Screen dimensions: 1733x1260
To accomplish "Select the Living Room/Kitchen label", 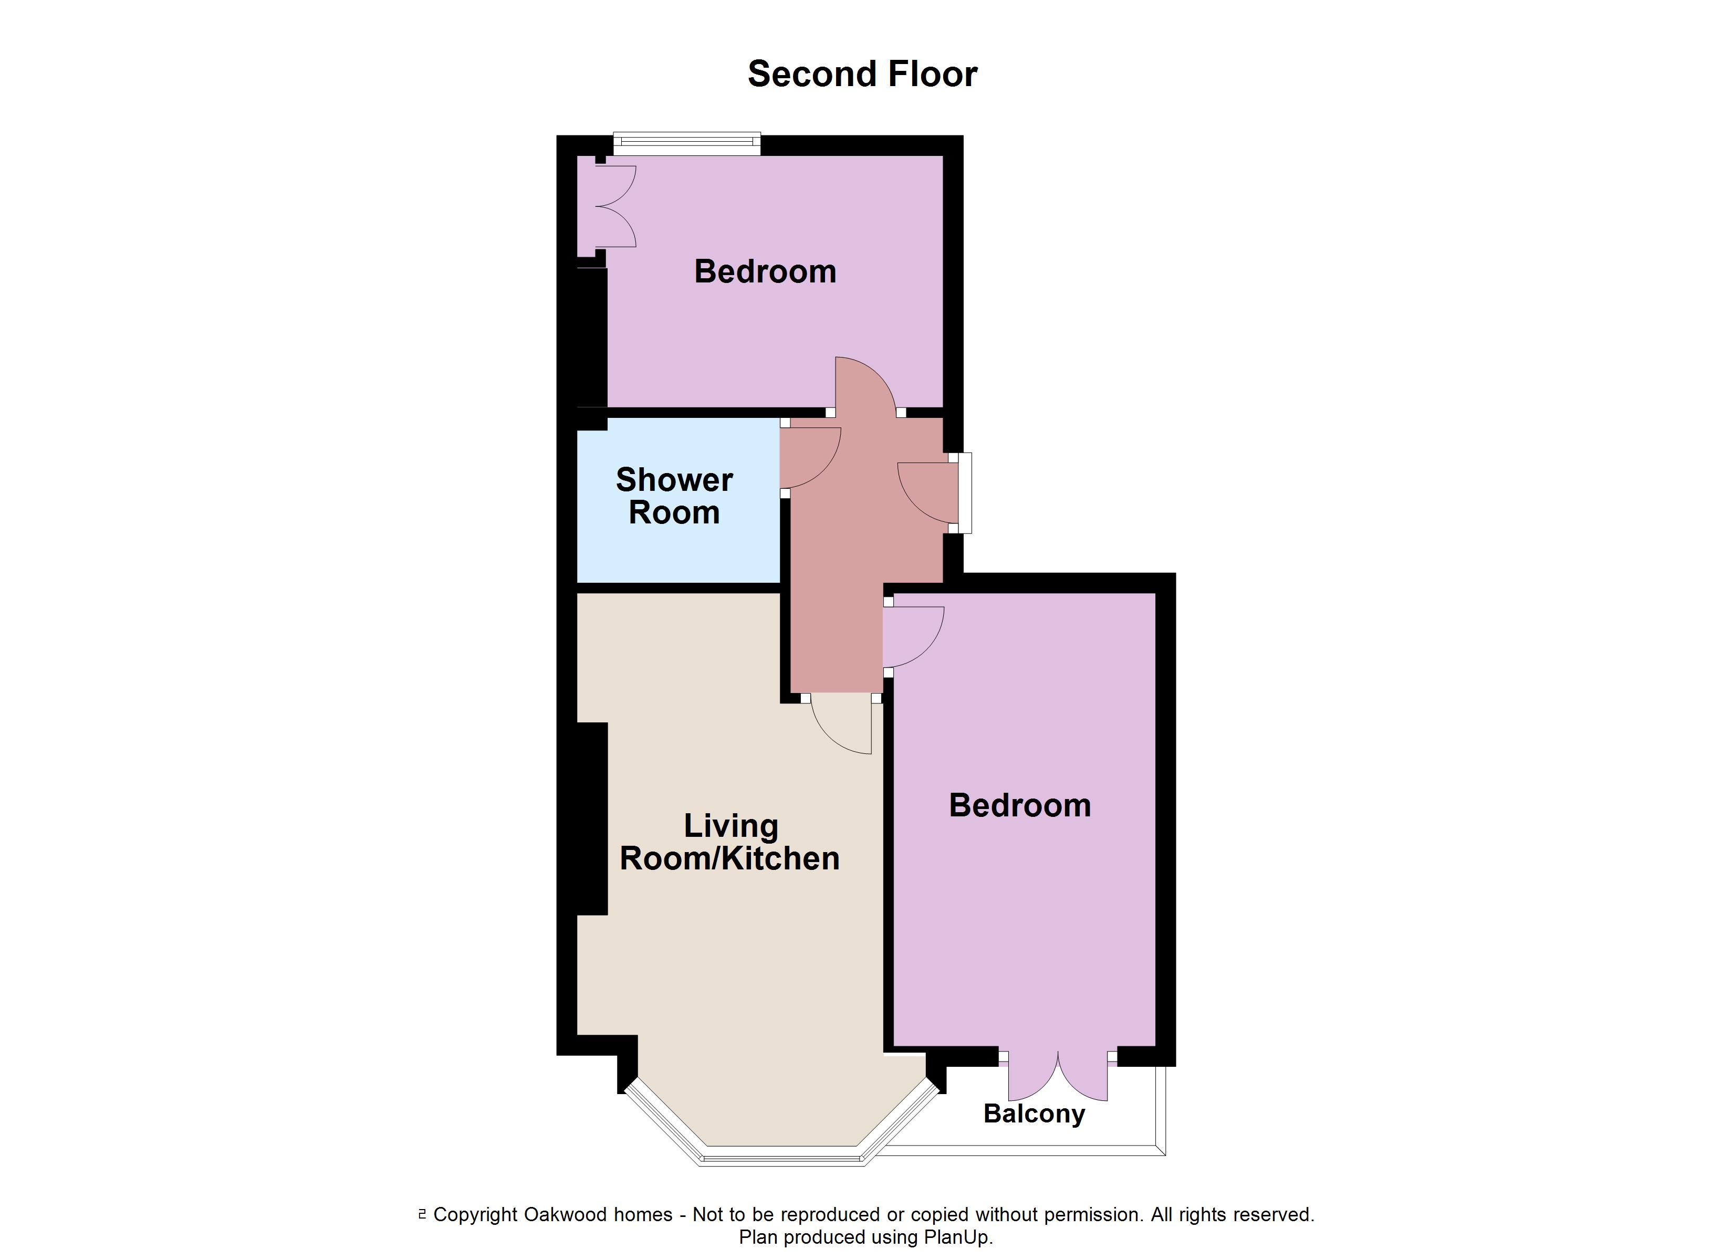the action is click(730, 842).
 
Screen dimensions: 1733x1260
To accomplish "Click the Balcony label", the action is click(1034, 1114).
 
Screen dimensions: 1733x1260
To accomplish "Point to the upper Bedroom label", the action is click(765, 272).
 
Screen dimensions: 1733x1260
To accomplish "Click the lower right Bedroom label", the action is click(1019, 805).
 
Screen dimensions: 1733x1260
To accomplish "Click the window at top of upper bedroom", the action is click(687, 144).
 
